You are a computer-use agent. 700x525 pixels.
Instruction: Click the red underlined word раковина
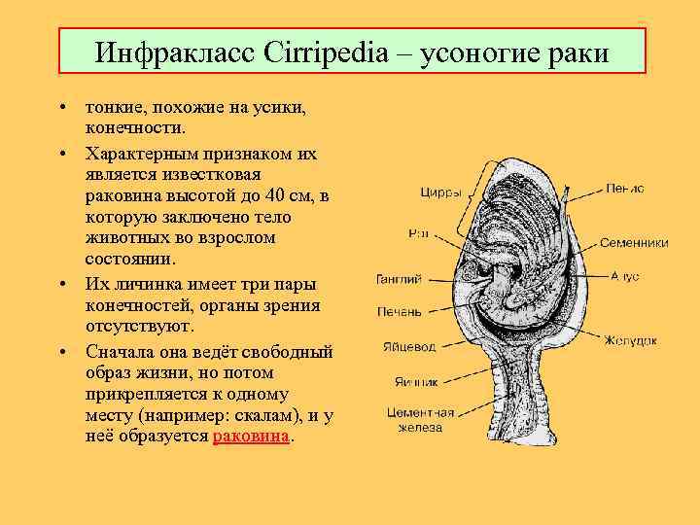pyautogui.click(x=251, y=437)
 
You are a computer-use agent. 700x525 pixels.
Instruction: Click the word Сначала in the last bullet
pyautogui.click(x=119, y=352)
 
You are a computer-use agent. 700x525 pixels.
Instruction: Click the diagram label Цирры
pyautogui.click(x=440, y=192)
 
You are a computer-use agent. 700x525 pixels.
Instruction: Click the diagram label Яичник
pyautogui.click(x=415, y=381)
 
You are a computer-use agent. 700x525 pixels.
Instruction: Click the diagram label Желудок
pyautogui.click(x=630, y=340)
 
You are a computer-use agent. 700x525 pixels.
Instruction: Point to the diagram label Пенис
pyautogui.click(x=624, y=189)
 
